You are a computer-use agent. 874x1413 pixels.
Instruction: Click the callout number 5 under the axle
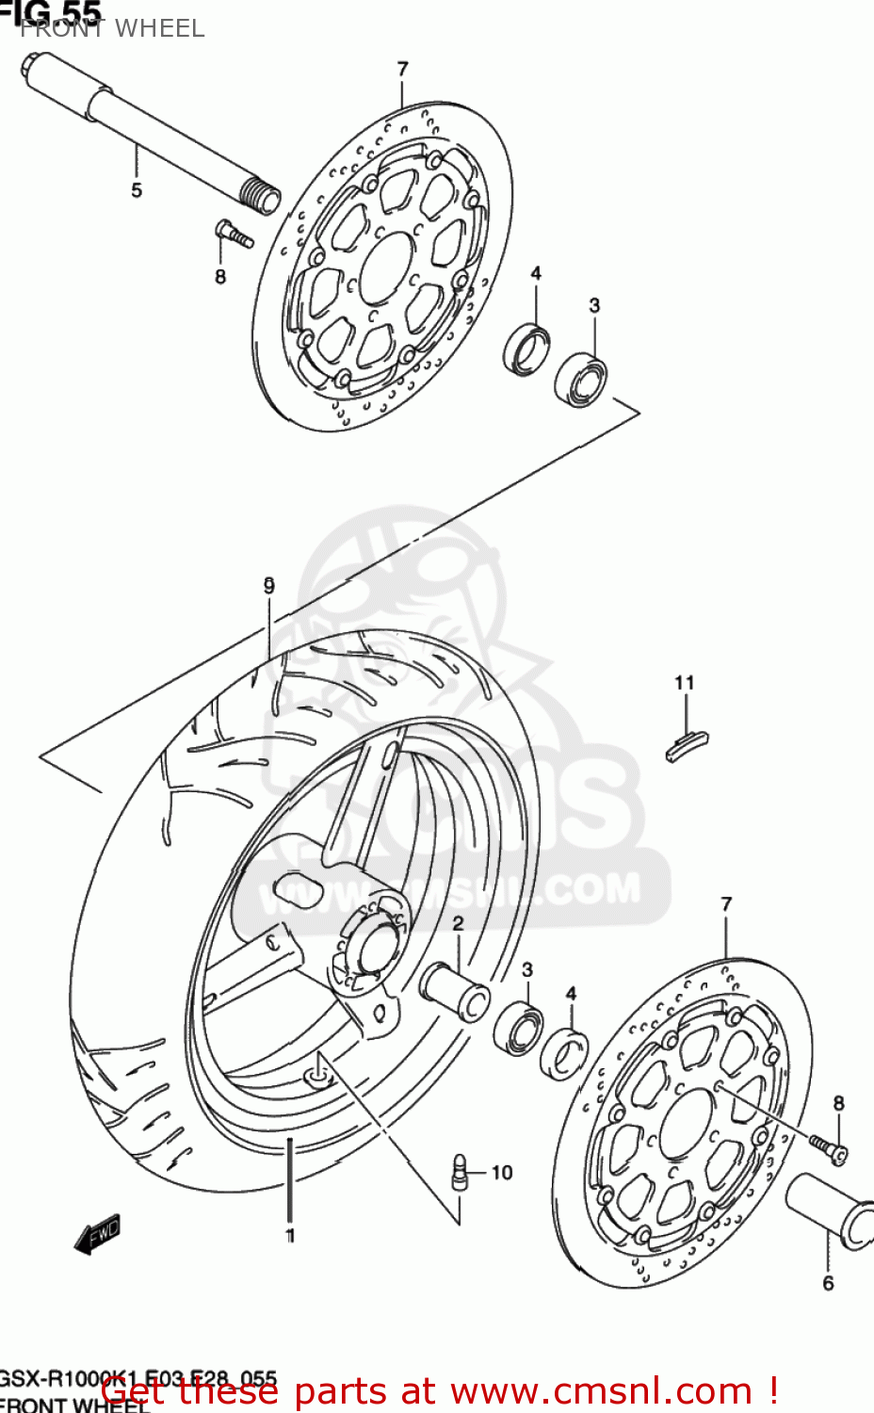click(137, 190)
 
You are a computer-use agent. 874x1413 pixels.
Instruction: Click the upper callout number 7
click(403, 69)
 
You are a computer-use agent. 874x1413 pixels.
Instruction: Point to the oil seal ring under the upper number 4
click(527, 348)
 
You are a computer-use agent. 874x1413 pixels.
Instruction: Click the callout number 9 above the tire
click(269, 586)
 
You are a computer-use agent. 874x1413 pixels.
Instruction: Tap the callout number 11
click(685, 683)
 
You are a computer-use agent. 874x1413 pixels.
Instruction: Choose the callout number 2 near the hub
click(458, 923)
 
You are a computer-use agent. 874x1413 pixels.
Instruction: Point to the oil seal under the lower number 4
click(564, 1053)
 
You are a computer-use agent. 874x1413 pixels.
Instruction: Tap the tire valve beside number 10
click(460, 1172)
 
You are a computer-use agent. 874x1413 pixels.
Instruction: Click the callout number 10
click(502, 1173)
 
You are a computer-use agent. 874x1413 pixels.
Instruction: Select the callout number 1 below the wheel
click(290, 1235)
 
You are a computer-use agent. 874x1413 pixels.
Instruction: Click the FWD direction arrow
click(98, 1233)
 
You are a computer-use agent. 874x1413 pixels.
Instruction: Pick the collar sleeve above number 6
click(830, 1210)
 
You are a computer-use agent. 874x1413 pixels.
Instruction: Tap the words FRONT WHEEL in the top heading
click(112, 29)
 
